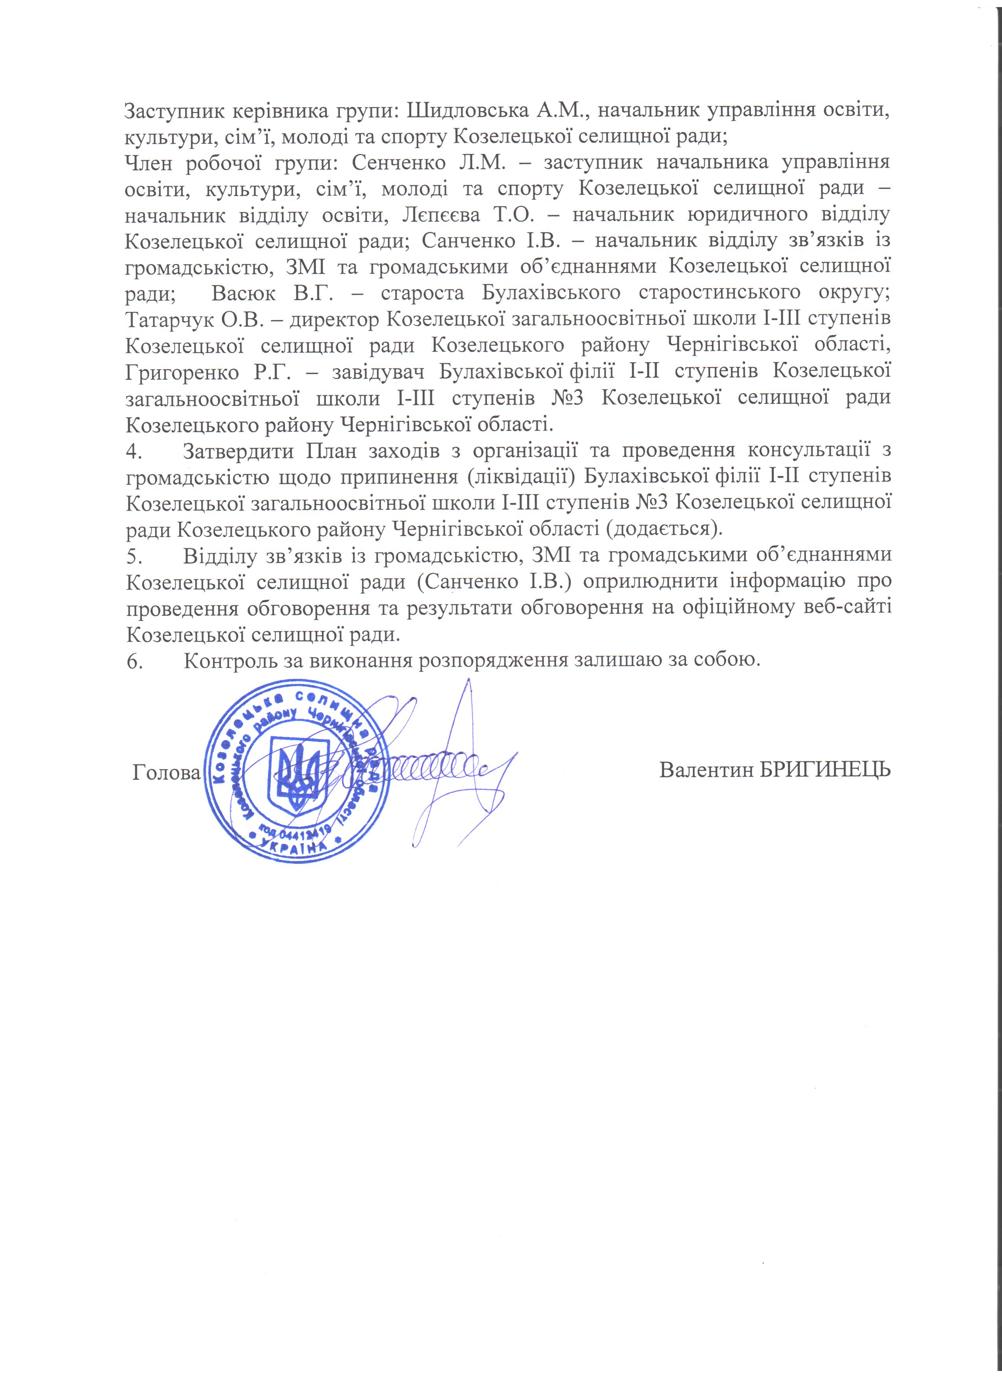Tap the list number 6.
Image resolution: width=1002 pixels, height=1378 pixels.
coord(132,660)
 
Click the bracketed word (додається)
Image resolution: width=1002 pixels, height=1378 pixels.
coord(664,528)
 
